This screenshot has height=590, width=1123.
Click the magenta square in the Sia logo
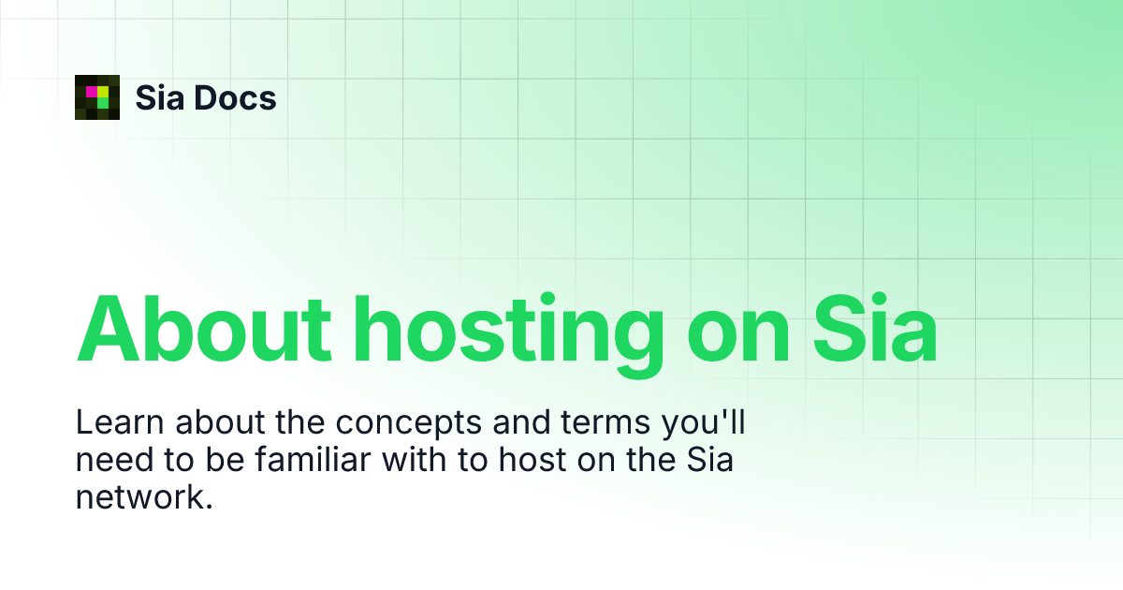tap(92, 91)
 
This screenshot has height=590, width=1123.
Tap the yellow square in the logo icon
tap(103, 91)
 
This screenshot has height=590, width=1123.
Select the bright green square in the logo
tap(103, 102)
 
